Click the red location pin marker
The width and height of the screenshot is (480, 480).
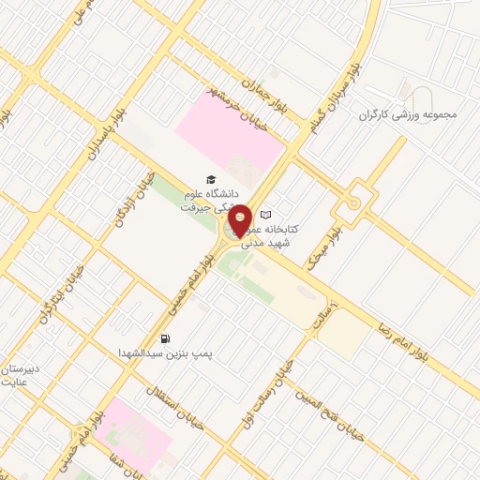[x=240, y=220]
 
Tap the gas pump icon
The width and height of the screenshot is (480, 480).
[x=166, y=338]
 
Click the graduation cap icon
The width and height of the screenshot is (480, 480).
[x=210, y=179]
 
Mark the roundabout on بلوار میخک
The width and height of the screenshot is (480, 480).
[x=354, y=202]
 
